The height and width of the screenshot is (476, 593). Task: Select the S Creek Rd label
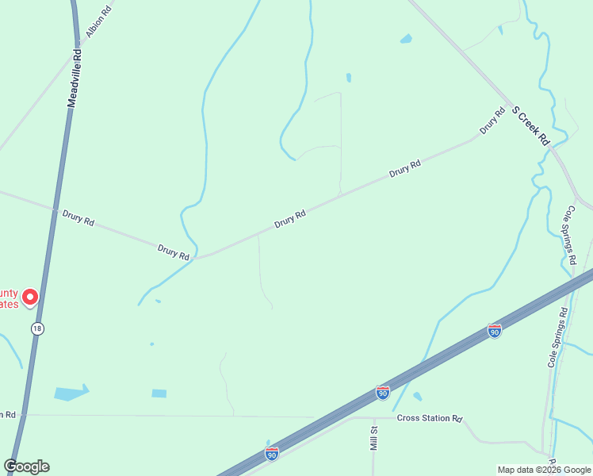click(x=530, y=125)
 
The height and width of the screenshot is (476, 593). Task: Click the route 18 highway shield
click(x=37, y=328)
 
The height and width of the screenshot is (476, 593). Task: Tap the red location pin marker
click(x=30, y=297)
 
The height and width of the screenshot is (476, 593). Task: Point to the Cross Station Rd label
click(x=429, y=418)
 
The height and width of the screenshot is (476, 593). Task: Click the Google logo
click(x=26, y=466)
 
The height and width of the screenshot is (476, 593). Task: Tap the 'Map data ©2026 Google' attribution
click(x=544, y=470)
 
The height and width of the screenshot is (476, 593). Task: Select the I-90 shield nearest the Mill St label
click(x=383, y=392)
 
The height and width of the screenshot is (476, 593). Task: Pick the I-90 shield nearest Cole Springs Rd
click(x=495, y=331)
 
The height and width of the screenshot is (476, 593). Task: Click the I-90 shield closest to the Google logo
click(x=272, y=453)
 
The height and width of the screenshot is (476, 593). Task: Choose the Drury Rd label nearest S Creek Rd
click(x=492, y=121)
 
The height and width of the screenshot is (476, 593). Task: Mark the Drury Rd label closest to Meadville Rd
click(x=78, y=217)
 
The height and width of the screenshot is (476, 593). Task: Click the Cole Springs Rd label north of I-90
click(x=570, y=235)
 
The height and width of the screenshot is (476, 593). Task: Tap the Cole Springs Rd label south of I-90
click(x=557, y=337)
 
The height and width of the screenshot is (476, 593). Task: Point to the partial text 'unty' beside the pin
click(x=8, y=292)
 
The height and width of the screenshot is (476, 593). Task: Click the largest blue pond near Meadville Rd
click(x=70, y=393)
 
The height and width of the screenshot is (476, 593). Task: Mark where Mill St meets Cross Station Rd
click(x=372, y=417)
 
